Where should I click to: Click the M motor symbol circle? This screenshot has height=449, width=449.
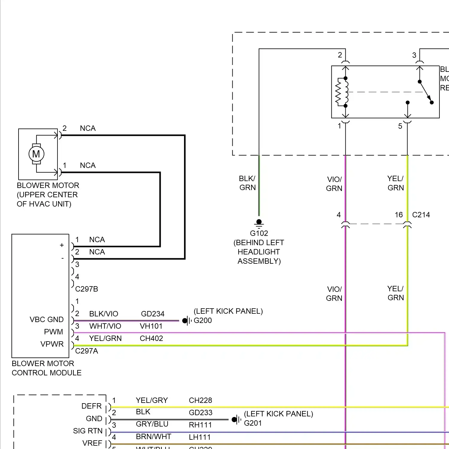pyautogui.click(x=36, y=154)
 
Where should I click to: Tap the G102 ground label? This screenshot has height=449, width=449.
pyautogui.click(x=259, y=233)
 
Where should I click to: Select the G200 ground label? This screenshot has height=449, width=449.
pyautogui.click(x=203, y=320)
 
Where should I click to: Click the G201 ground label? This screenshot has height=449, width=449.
pyautogui.click(x=253, y=423)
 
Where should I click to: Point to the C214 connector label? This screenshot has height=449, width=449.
pyautogui.click(x=421, y=215)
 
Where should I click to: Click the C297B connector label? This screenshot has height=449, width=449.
pyautogui.click(x=87, y=289)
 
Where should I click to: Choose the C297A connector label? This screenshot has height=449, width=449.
pyautogui.click(x=87, y=351)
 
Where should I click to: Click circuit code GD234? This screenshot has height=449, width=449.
pyautogui.click(x=153, y=314)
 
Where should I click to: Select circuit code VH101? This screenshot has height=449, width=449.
pyautogui.click(x=151, y=326)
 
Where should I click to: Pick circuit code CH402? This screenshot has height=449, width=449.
pyautogui.click(x=151, y=338)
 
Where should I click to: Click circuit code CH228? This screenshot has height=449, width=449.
pyautogui.click(x=200, y=400)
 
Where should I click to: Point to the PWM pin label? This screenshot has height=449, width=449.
pyautogui.click(x=54, y=332)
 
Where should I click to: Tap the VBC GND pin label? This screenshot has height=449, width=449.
pyautogui.click(x=47, y=319)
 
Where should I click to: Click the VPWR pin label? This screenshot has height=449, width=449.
pyautogui.click(x=52, y=344)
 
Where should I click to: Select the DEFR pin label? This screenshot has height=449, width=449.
pyautogui.click(x=91, y=406)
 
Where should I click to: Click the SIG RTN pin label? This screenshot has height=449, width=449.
pyautogui.click(x=87, y=431)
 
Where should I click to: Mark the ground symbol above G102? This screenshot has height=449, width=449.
pyautogui.click(x=259, y=223)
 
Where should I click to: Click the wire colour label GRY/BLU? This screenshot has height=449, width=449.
pyautogui.click(x=152, y=424)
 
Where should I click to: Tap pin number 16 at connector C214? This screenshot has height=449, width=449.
pyautogui.click(x=398, y=215)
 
